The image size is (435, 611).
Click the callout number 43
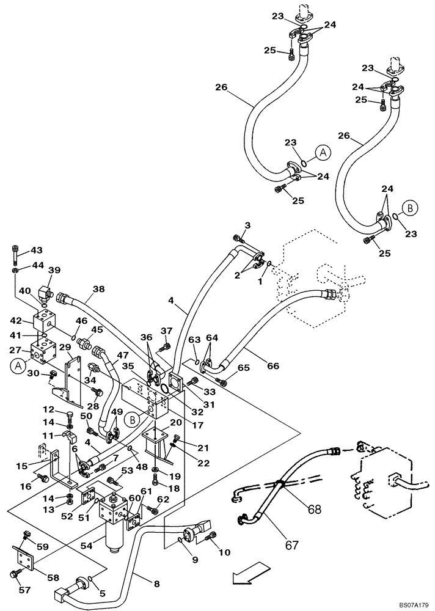(37, 250)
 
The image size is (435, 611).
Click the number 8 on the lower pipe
(156, 584)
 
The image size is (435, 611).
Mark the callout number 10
(224, 553)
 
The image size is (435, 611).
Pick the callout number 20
(175, 422)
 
